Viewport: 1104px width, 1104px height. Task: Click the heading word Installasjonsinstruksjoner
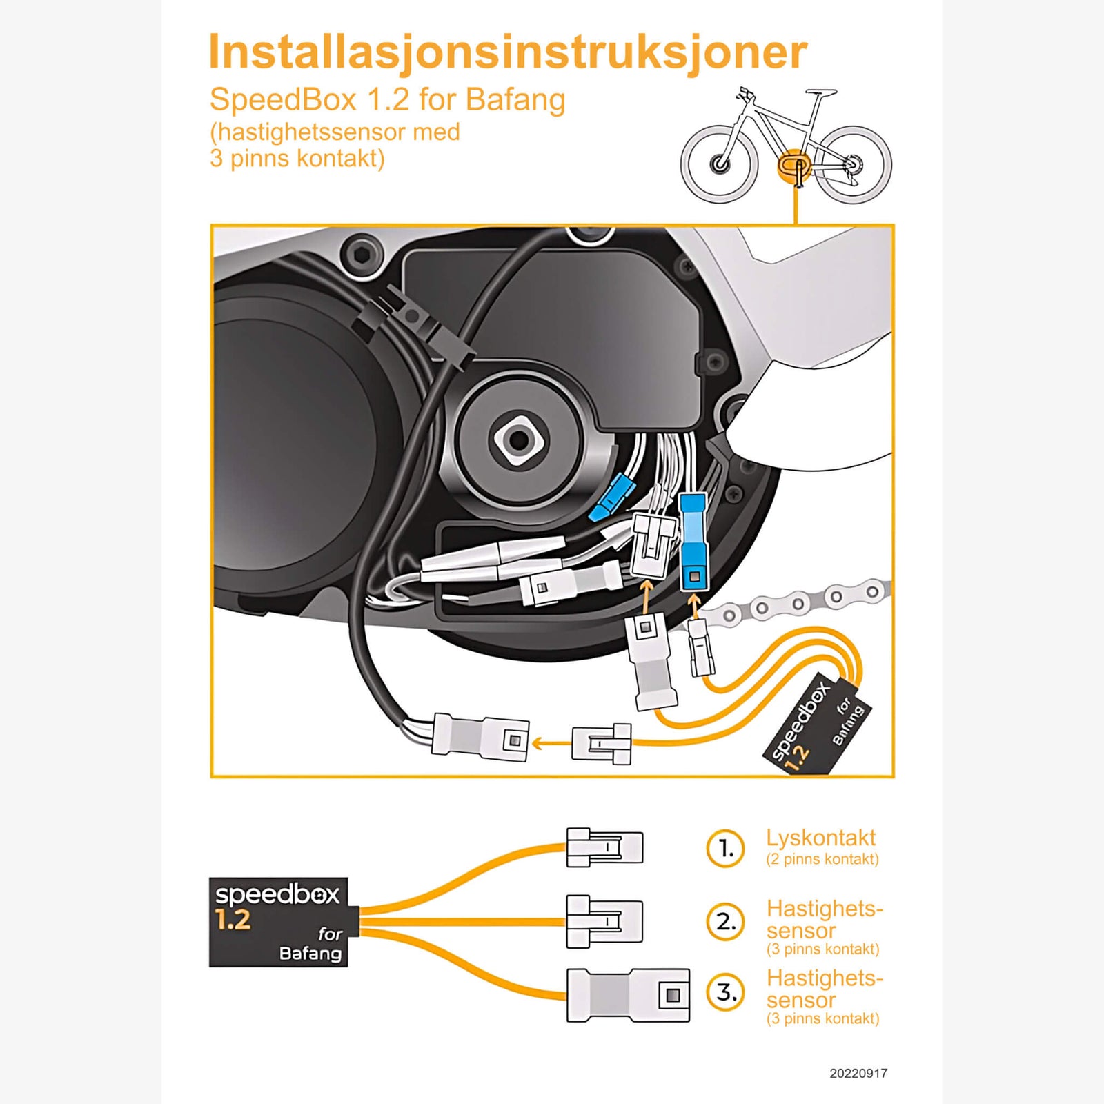click(x=507, y=52)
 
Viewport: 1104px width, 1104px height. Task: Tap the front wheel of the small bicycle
click(x=720, y=164)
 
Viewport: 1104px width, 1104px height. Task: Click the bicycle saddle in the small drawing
click(x=820, y=92)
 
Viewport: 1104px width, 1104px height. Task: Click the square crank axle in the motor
click(x=518, y=440)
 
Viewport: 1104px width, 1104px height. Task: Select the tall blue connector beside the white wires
click(x=693, y=542)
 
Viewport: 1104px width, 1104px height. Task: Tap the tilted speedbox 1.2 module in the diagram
click(x=817, y=724)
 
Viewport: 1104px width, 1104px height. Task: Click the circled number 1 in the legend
click(x=725, y=848)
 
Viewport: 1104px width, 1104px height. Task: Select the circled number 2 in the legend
click(x=725, y=922)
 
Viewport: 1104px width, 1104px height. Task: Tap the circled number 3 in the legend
click(x=725, y=992)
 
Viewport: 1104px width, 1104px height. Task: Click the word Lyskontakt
click(x=820, y=838)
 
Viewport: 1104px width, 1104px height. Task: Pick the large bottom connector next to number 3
click(x=628, y=995)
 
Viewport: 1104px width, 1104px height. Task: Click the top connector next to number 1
click(x=604, y=847)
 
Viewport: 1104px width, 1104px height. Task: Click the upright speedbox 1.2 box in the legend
click(x=278, y=922)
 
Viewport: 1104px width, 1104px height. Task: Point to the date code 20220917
click(x=858, y=1073)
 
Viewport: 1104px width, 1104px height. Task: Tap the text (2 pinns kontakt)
click(x=822, y=860)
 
